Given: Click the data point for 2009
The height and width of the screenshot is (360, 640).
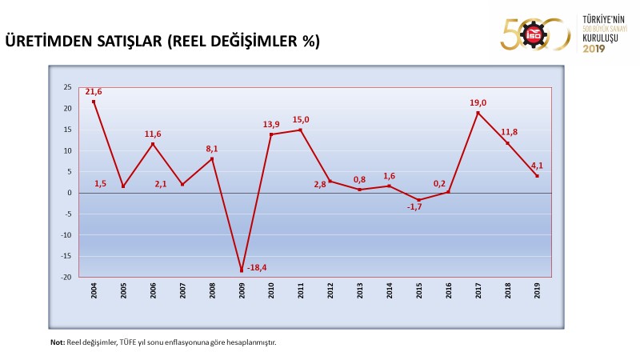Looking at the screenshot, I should pyautogui.click(x=242, y=270).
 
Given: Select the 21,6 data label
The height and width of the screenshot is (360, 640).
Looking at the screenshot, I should pyautogui.click(x=94, y=92).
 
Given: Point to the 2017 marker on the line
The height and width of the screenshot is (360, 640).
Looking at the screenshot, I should pyautogui.click(x=478, y=113).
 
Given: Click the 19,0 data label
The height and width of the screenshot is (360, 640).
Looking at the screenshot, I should pyautogui.click(x=478, y=102).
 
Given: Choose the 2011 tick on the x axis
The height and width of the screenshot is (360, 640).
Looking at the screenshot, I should pyautogui.click(x=301, y=290).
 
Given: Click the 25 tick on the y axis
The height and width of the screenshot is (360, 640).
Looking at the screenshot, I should pyautogui.click(x=67, y=87).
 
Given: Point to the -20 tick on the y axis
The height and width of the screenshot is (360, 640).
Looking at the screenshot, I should pyautogui.click(x=66, y=278).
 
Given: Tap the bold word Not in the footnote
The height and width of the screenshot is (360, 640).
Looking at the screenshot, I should pyautogui.click(x=56, y=342).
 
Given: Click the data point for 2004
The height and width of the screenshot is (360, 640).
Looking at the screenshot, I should pyautogui.click(x=94, y=102).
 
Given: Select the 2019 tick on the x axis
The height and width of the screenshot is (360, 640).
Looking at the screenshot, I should pyautogui.click(x=537, y=290).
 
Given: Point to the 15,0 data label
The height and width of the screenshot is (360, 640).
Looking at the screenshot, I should pyautogui.click(x=301, y=120).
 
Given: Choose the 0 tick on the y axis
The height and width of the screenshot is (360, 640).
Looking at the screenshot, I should pyautogui.click(x=70, y=193).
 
